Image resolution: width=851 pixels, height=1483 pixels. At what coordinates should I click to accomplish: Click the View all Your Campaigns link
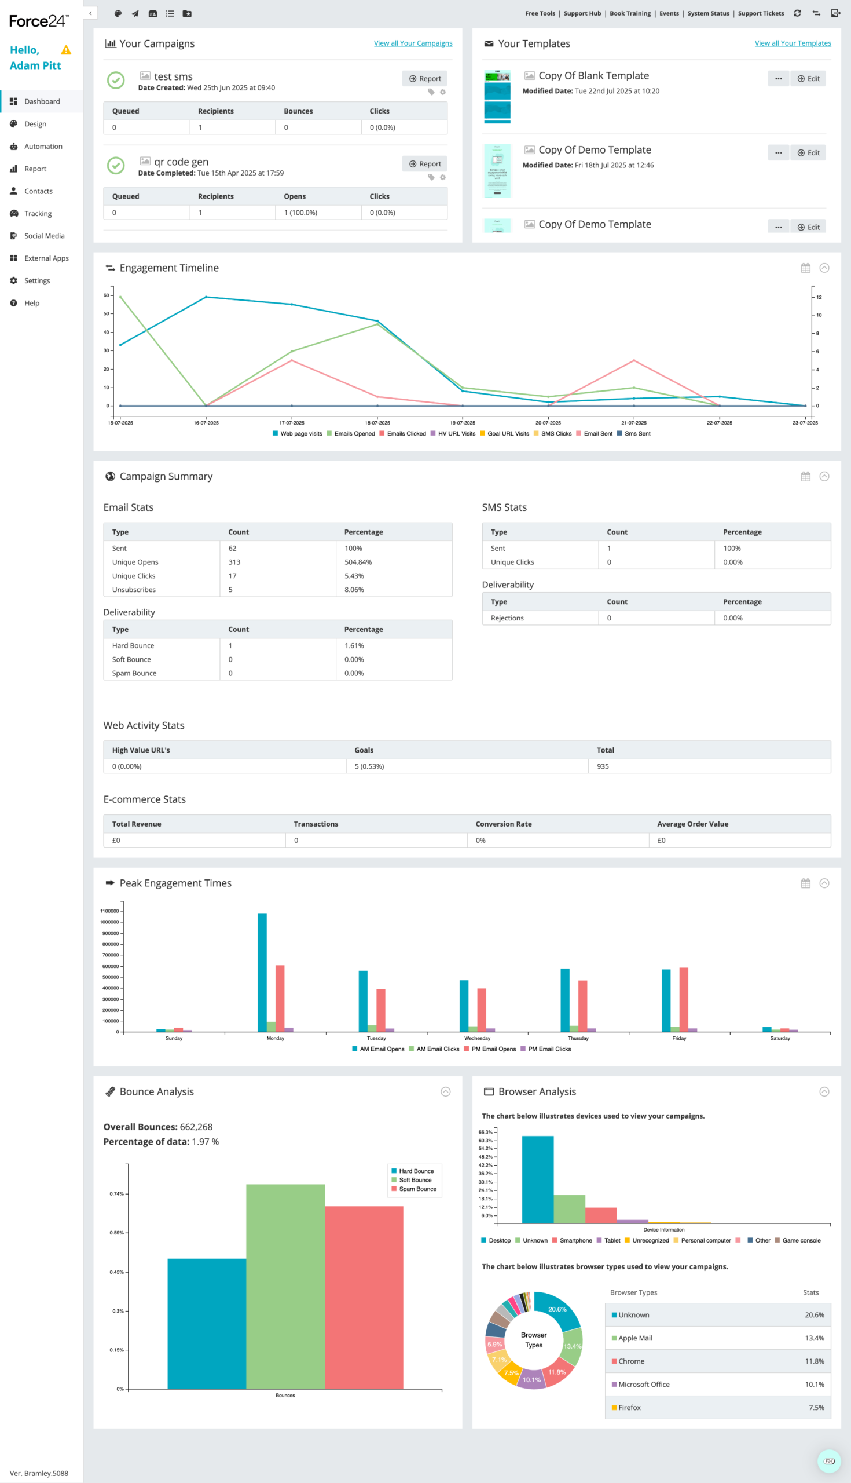413,43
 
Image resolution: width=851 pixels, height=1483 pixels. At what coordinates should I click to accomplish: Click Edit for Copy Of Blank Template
808,78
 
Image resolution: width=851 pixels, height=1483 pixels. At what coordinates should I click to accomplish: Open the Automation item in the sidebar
43,146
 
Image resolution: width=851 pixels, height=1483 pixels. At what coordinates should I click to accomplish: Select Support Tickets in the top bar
761,13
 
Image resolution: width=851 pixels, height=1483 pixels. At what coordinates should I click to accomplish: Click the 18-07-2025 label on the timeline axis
377,423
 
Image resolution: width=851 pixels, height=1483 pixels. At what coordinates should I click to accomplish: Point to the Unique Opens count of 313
234,562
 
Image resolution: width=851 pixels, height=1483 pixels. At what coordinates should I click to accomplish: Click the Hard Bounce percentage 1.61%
354,645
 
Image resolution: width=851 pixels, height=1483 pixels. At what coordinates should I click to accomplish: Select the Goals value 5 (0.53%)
369,766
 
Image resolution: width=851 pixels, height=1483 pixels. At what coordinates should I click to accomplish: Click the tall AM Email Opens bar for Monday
262,971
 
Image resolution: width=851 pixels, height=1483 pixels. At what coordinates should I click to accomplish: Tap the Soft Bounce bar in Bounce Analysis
285,1287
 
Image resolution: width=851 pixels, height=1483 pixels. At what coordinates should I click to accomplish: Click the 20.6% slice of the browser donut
558,1309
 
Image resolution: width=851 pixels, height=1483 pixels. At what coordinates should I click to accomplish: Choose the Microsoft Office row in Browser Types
717,1384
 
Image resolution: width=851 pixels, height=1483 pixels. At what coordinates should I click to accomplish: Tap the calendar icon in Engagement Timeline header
805,268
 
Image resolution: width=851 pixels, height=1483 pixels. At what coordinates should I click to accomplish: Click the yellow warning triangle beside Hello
66,50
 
